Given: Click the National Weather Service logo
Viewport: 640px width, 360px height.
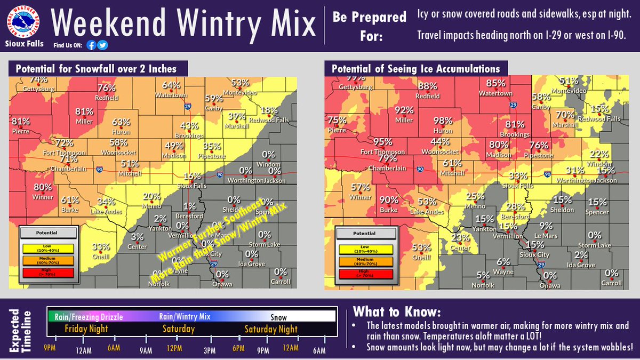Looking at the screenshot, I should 24,20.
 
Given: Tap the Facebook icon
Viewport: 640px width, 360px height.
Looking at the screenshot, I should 92,45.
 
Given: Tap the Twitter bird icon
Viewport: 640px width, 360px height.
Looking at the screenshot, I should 103,45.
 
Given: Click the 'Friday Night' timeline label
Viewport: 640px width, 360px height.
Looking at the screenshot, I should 86,329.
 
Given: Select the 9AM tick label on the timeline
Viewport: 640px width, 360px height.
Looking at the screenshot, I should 146,349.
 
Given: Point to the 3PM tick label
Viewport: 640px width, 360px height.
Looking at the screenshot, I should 210,349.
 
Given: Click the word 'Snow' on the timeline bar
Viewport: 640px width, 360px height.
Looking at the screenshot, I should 278,317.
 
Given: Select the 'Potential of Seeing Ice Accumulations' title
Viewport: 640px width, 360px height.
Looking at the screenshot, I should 415,69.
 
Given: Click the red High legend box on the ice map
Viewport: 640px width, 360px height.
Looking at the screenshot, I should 366,273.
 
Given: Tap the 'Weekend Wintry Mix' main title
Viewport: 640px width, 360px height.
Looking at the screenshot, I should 185,24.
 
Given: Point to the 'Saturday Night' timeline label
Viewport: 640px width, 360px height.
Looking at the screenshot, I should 271,329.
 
